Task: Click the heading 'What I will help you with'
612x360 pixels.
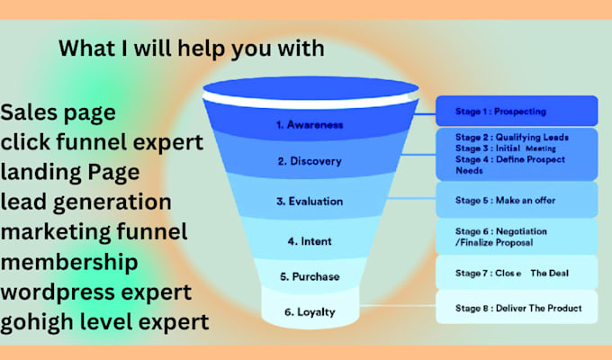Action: pyautogui.click(x=191, y=48)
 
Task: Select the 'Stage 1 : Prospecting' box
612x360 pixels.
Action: pyautogui.click(x=517, y=111)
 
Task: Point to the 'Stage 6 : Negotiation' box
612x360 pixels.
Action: pyautogui.click(x=517, y=237)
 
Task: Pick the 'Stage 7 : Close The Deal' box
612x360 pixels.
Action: pyautogui.click(x=517, y=272)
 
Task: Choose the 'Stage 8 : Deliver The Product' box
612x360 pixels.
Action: pyautogui.click(x=517, y=309)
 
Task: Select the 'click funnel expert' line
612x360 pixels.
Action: pyautogui.click(x=102, y=143)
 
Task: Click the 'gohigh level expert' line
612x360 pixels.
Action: pyautogui.click(x=105, y=321)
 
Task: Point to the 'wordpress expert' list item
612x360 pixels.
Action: pyautogui.click(x=96, y=292)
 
